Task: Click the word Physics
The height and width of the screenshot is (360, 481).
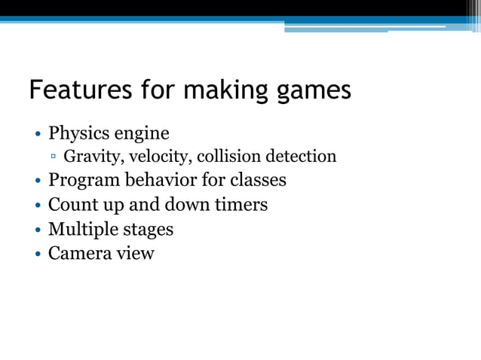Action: coord(78,133)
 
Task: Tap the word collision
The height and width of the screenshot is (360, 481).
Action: coord(227,157)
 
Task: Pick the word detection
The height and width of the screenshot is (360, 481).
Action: coord(299,157)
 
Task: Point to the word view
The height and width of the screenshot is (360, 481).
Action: coord(136,252)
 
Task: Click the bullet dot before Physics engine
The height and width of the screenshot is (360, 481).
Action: coord(37,135)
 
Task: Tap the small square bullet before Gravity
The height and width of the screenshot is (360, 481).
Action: coord(54,157)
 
